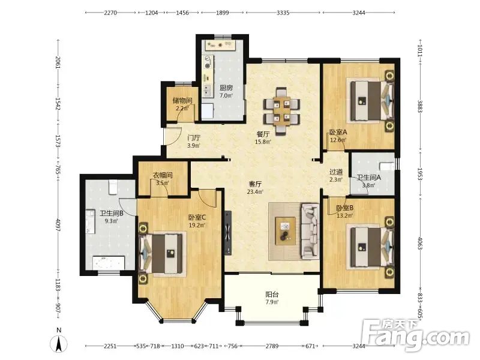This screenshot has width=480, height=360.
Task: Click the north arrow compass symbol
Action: click(59, 344)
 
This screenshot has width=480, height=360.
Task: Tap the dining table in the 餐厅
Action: click(281, 112)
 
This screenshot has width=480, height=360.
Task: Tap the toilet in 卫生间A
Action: click(387, 167)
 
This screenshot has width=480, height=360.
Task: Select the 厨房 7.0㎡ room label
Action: click(226, 91)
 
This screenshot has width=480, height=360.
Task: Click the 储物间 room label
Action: click(182, 100)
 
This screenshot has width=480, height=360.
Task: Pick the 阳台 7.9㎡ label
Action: click(272, 298)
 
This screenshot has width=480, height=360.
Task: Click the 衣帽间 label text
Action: click(163, 175)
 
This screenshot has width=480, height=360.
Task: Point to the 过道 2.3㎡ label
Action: click(336, 176)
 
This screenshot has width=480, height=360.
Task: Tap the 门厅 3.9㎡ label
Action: click(194, 142)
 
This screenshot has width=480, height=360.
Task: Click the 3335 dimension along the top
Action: click(283, 13)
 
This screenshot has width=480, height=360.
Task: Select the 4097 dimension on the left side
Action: click(58, 224)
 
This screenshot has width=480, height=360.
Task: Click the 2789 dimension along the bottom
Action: click(272, 346)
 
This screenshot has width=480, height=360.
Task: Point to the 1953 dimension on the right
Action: click(420, 174)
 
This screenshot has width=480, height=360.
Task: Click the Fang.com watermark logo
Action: click(415, 335)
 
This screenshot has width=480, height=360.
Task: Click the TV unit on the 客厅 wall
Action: click(228, 233)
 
